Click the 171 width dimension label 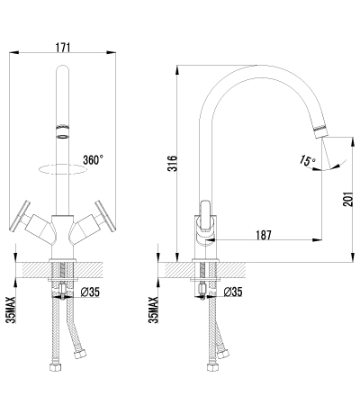(63, 48)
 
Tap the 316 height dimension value (173, 163)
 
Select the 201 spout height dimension (347, 199)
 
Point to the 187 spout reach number (264, 235)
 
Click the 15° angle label (307, 161)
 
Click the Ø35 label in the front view (90, 292)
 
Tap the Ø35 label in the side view (233, 292)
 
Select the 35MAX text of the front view (12, 310)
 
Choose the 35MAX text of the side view (154, 310)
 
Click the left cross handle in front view (20, 216)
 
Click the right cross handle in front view (105, 216)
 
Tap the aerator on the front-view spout (62, 130)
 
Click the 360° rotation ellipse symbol (62, 169)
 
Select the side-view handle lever (206, 216)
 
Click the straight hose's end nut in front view (56, 367)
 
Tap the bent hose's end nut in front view (81, 354)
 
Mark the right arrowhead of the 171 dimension (112, 53)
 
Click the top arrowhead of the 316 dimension (177, 70)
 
